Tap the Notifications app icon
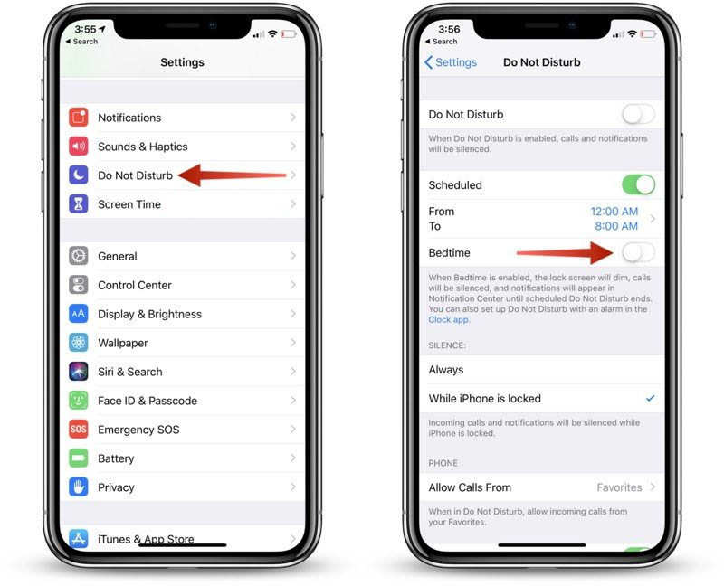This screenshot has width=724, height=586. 79,118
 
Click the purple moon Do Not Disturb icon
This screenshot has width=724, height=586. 79,175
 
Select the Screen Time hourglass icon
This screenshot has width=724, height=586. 79,204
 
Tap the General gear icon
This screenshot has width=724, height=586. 79,256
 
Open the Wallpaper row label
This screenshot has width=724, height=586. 123,343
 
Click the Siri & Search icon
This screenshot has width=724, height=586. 79,372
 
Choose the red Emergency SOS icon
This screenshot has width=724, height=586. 79,430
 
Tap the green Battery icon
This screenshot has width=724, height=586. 79,458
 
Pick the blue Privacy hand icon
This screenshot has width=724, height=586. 79,487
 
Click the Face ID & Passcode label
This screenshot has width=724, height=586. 148,401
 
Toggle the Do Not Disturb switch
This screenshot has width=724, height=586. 638,114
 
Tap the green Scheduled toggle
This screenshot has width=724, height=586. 638,185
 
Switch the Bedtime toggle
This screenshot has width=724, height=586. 638,252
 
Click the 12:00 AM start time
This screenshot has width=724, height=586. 614,212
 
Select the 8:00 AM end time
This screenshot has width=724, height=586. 616,226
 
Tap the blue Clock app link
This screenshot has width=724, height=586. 448,320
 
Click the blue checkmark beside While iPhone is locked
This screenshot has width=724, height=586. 650,398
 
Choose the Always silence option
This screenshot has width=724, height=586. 446,370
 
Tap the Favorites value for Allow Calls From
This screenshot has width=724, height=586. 619,487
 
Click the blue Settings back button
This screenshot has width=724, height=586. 451,62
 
